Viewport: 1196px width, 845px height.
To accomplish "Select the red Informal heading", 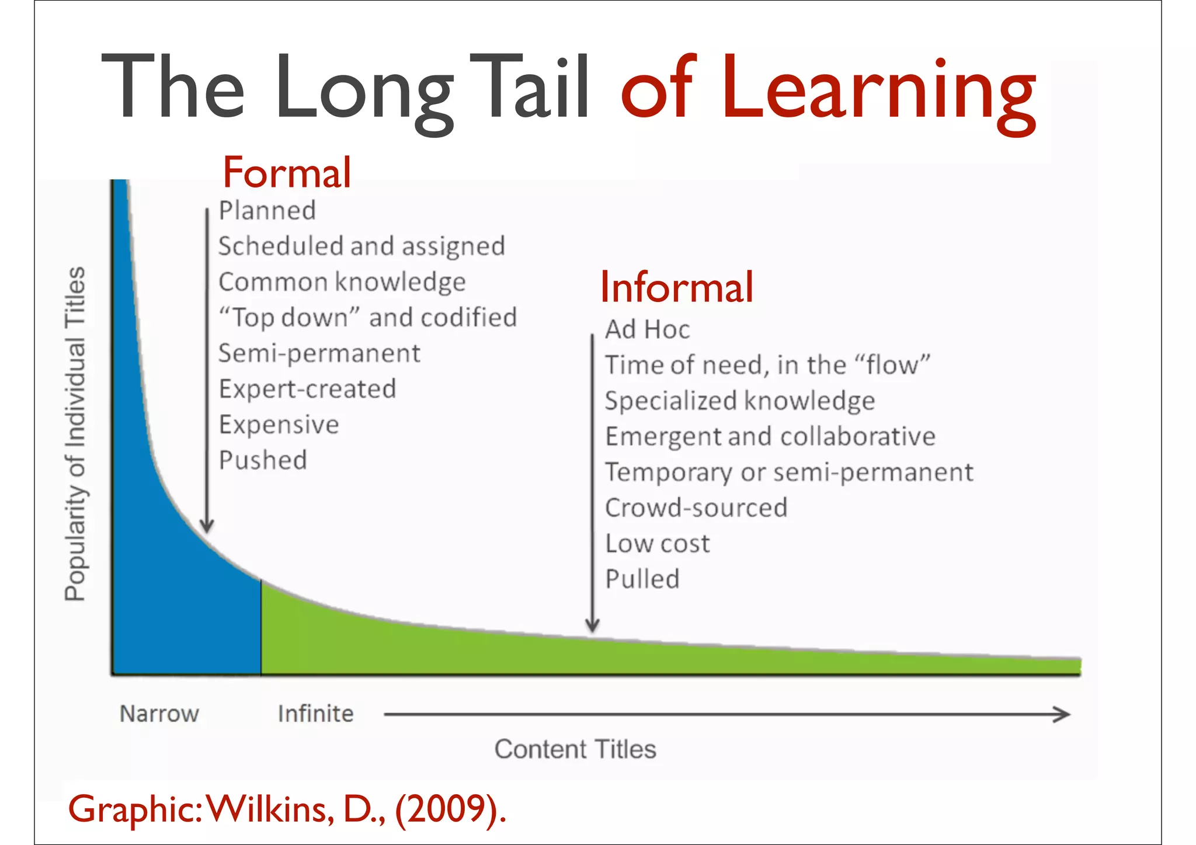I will click(x=677, y=287).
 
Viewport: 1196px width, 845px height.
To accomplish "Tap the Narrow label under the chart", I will click(x=159, y=714).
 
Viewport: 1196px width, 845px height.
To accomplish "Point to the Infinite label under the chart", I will click(x=315, y=714).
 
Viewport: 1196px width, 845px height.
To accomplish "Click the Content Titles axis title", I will click(x=575, y=749).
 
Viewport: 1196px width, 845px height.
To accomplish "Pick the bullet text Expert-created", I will click(x=307, y=389).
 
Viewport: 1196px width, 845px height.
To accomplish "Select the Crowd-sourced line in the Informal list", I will click(x=696, y=508).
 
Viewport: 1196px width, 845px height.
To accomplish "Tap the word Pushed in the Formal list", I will click(x=263, y=460).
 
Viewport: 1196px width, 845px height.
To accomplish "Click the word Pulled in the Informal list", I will click(x=642, y=579).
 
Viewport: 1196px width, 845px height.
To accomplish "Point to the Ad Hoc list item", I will click(x=647, y=329).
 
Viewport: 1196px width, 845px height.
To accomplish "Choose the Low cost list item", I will click(x=658, y=544).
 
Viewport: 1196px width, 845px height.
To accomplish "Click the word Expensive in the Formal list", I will click(x=279, y=425).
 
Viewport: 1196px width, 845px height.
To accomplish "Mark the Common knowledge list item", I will click(x=342, y=282).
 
